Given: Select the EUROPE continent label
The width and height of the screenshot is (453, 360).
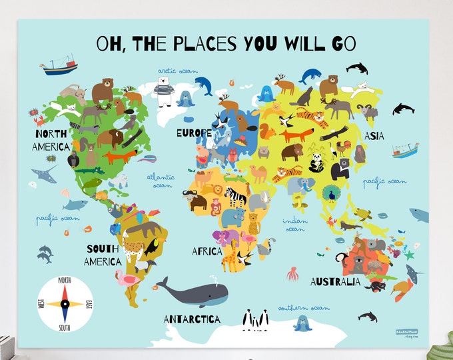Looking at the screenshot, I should [194, 133].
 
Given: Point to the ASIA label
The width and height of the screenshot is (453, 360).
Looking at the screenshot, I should [374, 136].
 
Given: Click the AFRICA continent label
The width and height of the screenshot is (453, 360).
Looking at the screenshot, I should [207, 251].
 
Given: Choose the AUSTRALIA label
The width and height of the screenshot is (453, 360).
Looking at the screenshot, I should [335, 281].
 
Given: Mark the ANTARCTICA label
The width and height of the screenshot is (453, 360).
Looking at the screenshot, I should [192, 319].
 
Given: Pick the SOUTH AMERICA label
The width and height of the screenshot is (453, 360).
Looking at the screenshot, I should [103, 255].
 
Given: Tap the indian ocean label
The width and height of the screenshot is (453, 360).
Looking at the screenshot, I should [294, 225].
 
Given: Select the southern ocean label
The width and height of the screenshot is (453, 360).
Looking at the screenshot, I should [304, 308].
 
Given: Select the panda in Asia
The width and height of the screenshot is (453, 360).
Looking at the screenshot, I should [316, 161].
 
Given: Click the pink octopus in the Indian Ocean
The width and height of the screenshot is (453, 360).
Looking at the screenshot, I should [292, 273].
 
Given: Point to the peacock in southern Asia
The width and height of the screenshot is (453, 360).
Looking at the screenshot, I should [329, 193].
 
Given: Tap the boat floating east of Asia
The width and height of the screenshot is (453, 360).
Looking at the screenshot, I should [404, 149].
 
